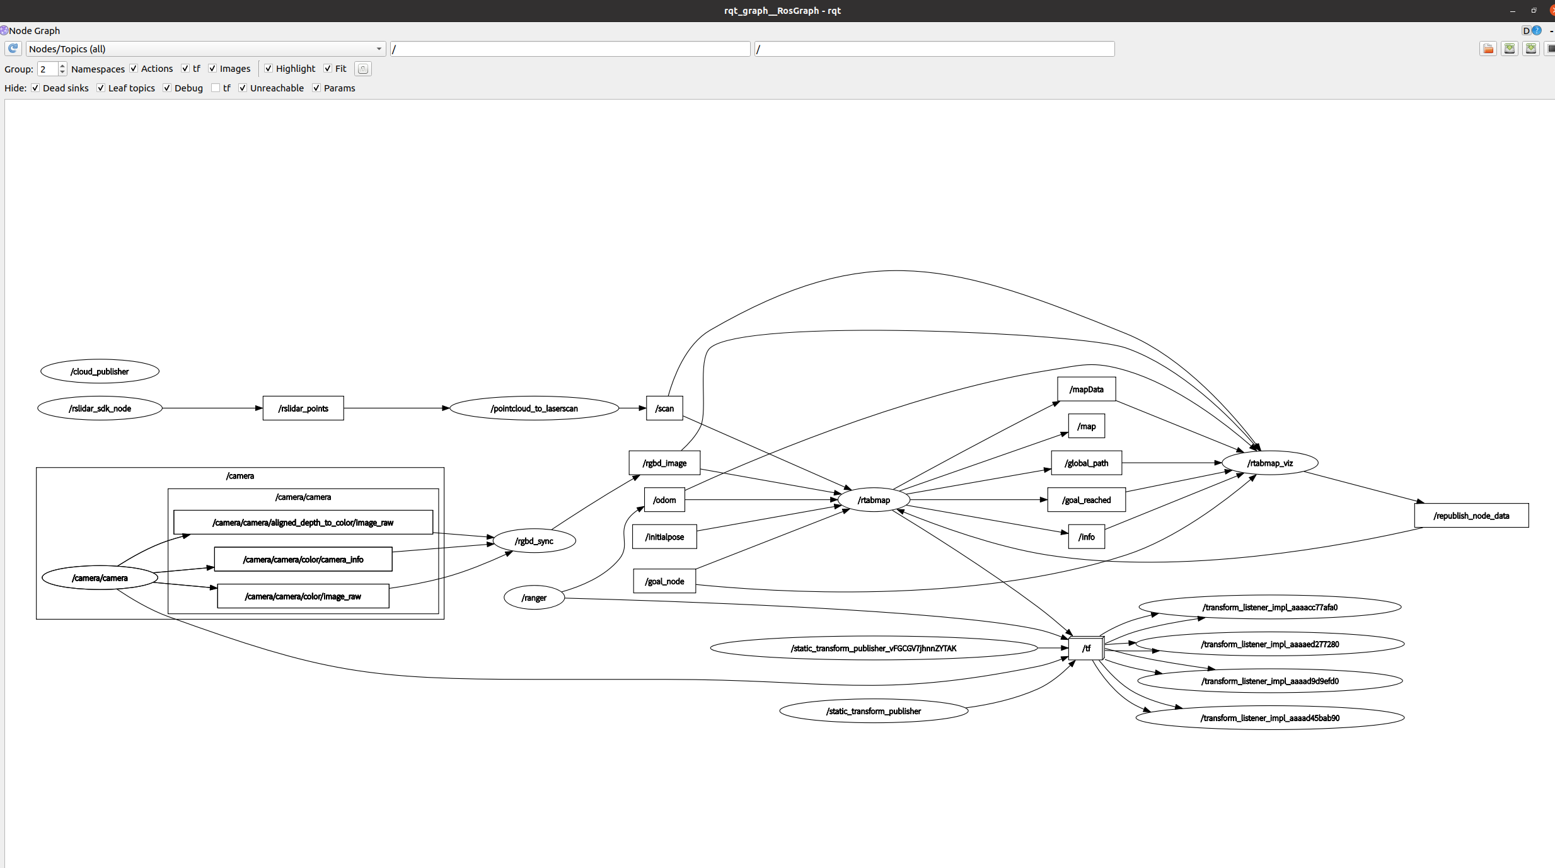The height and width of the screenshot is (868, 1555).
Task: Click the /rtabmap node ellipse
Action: click(873, 500)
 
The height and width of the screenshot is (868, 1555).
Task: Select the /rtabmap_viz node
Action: click(1269, 463)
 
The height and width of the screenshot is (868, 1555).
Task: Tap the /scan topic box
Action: click(664, 408)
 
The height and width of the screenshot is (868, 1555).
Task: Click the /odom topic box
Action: click(664, 500)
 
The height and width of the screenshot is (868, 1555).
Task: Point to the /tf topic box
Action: click(1086, 648)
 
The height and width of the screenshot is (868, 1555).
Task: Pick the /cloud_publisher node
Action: click(100, 371)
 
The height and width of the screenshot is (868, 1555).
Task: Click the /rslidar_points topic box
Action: click(303, 408)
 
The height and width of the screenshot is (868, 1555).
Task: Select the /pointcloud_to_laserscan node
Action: click(534, 408)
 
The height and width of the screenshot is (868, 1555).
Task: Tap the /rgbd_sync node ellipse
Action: click(534, 541)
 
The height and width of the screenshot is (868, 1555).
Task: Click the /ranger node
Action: click(534, 598)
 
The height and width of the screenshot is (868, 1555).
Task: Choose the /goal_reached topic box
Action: click(1086, 500)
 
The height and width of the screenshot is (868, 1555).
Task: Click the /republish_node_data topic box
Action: click(1471, 516)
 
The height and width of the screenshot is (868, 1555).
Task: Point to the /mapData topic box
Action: click(1086, 390)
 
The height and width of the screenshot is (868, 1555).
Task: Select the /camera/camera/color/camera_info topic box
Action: click(303, 559)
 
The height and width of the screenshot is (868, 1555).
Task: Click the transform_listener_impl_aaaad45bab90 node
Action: click(1269, 718)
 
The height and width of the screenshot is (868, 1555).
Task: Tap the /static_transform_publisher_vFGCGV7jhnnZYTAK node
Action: click(873, 648)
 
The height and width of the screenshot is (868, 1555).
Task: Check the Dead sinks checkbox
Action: click(36, 88)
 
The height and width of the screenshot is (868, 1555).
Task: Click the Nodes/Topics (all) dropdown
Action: click(205, 49)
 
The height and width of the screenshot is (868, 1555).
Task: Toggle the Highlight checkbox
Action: click(269, 69)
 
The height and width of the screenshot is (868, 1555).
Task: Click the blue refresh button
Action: click(13, 49)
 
